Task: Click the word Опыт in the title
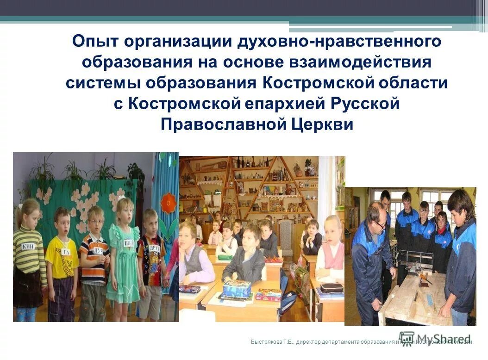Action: (x=97, y=41)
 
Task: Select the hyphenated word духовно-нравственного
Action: (x=339, y=41)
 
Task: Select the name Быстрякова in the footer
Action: (x=266, y=342)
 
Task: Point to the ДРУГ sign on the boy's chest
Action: (x=155, y=247)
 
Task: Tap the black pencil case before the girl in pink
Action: (x=332, y=287)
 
